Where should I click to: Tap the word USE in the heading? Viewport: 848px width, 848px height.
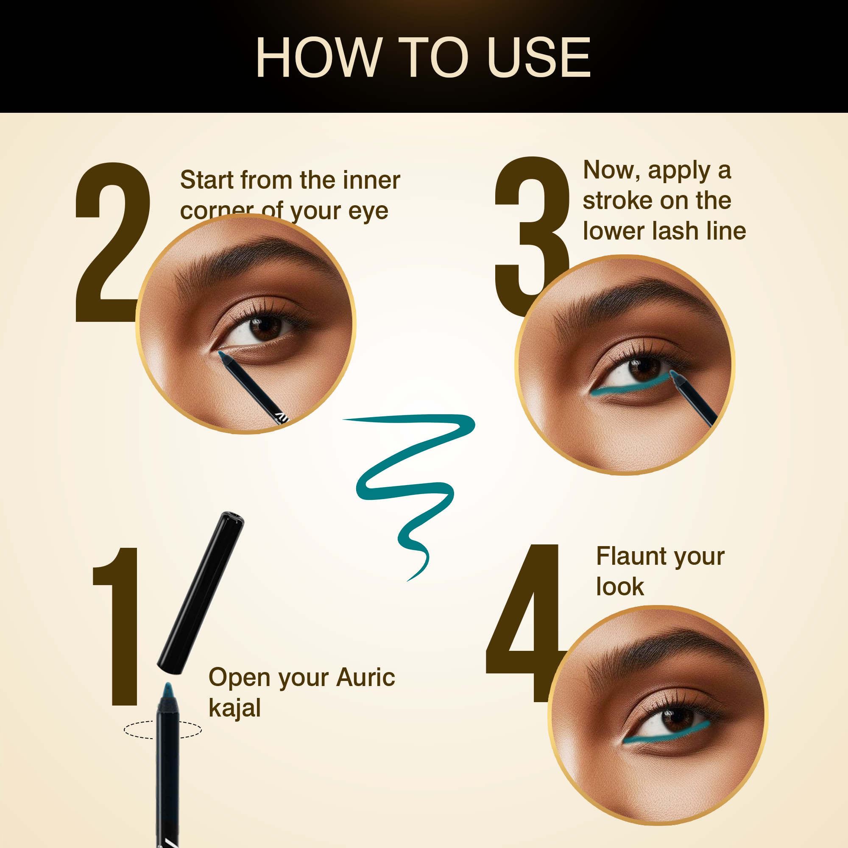tap(539, 57)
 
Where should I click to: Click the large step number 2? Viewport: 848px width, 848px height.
tap(112, 242)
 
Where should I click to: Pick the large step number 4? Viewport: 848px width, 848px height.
tap(527, 623)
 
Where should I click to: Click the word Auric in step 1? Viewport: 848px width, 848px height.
tap(365, 677)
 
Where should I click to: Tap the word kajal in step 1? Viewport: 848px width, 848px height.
tap(234, 709)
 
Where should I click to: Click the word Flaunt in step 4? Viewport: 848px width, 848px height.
tap(632, 556)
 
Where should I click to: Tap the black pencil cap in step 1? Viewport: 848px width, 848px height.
tap(201, 593)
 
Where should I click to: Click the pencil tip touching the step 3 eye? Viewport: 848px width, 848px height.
tap(673, 374)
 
